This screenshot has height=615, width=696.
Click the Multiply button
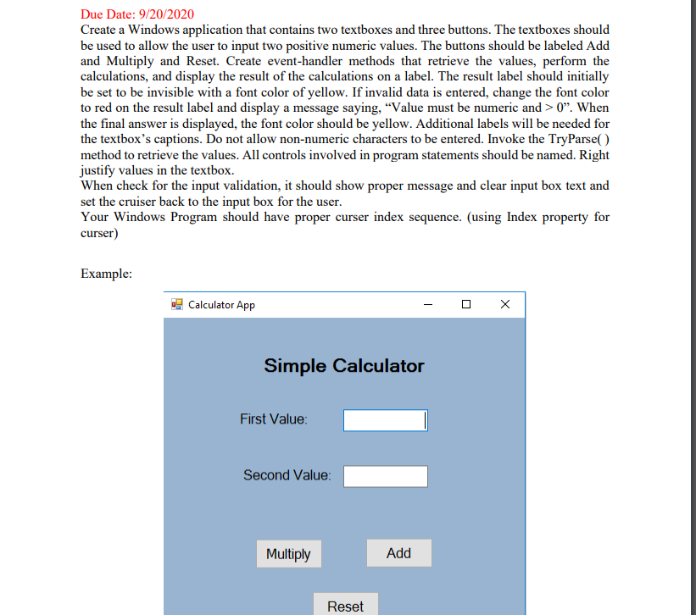tap(288, 554)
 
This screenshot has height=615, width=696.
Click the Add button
tap(398, 553)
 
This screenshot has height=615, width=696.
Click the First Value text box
tap(384, 420)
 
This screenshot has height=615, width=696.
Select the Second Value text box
tap(385, 476)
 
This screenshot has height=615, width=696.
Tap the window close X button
tap(505, 304)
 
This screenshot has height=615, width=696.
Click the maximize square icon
tap(466, 304)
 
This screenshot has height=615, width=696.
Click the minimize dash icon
tap(427, 304)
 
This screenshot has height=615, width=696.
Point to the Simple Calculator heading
tap(343, 366)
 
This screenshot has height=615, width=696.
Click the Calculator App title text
tap(221, 305)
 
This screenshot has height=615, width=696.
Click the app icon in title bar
tap(177, 304)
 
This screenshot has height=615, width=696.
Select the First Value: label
tap(274, 419)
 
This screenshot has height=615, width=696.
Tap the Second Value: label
tap(287, 475)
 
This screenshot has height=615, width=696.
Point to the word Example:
tap(106, 273)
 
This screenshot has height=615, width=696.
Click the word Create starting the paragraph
tap(101, 29)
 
